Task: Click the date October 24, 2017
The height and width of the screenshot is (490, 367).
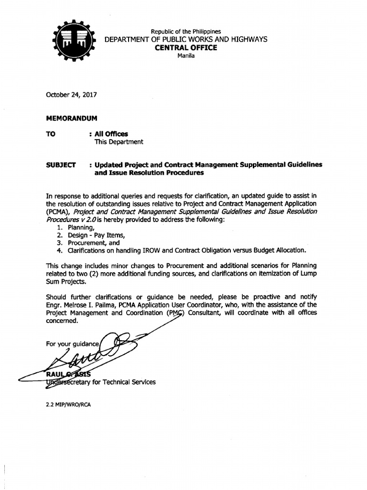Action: click(x=71, y=95)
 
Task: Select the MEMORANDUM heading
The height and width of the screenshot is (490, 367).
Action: click(x=71, y=117)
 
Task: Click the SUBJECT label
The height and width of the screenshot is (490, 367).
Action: click(x=61, y=165)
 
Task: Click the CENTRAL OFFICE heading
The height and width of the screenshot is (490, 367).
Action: click(x=186, y=47)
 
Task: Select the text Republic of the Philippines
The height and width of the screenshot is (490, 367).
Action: click(x=186, y=32)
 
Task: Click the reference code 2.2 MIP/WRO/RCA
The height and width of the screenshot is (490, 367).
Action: click(x=68, y=404)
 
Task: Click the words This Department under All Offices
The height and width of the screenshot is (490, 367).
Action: click(x=119, y=142)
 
